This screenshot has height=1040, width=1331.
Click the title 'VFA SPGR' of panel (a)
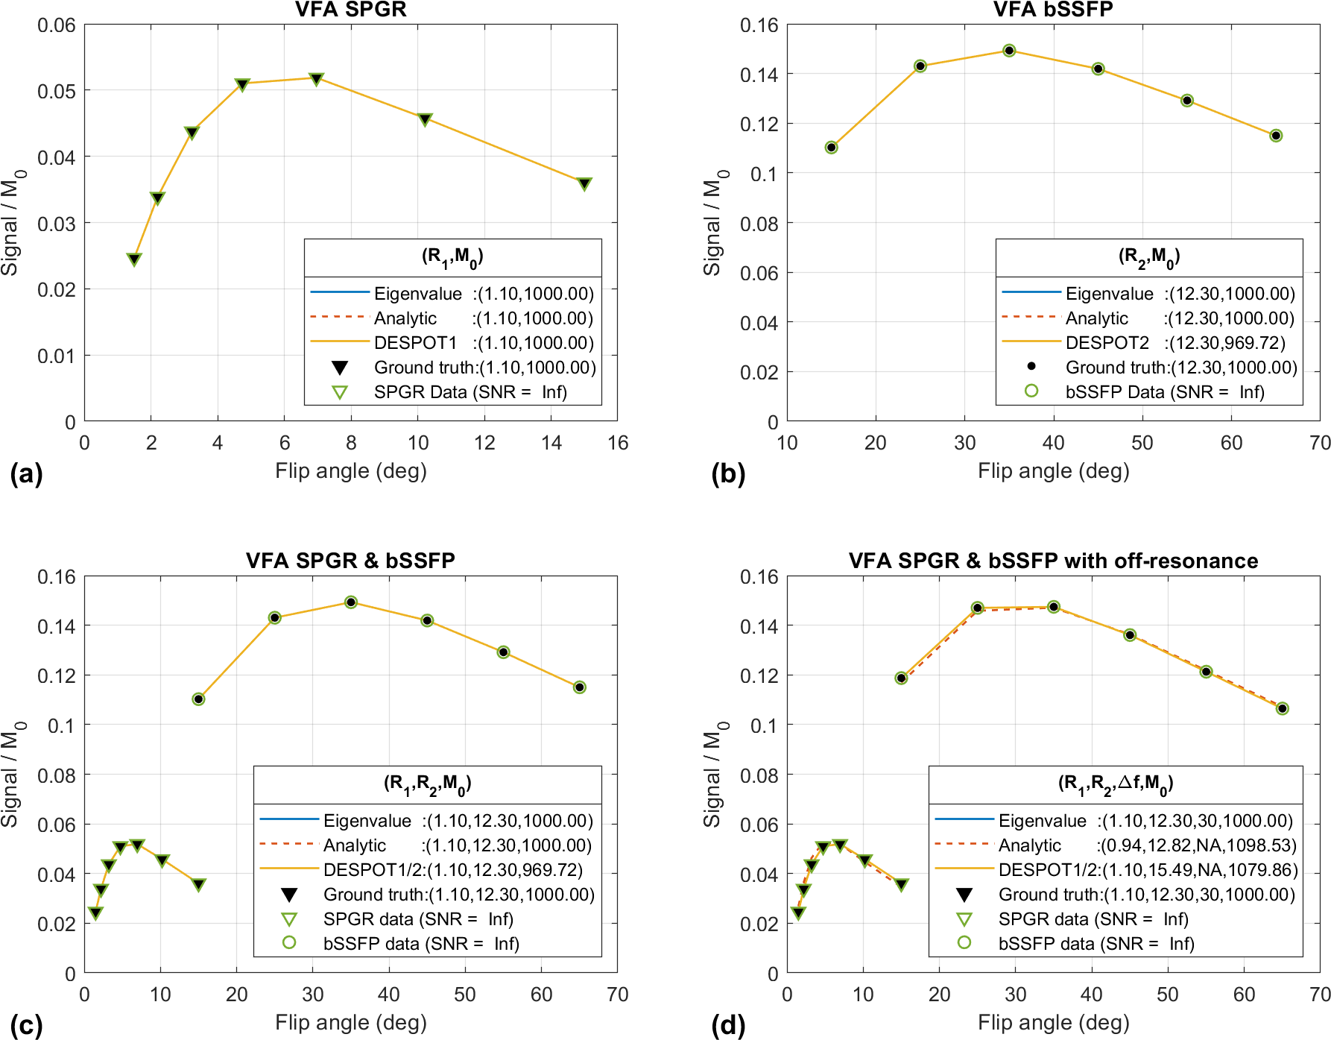click(350, 10)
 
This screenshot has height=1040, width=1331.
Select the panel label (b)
click(728, 474)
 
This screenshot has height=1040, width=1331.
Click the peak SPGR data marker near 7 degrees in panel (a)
click(316, 78)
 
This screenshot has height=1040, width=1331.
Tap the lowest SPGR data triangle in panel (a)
click(134, 259)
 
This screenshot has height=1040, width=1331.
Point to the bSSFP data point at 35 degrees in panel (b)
click(1009, 51)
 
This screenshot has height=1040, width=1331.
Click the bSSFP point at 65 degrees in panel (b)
click(1276, 136)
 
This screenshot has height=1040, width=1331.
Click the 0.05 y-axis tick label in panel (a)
click(57, 91)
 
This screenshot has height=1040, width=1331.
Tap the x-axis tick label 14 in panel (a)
click(551, 444)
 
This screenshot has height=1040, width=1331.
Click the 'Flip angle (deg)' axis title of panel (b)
click(1053, 471)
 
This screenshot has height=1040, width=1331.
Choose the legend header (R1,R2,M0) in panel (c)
click(427, 784)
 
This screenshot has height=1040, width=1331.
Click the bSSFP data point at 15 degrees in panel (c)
click(198, 699)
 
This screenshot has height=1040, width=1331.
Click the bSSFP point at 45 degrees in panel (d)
click(1130, 635)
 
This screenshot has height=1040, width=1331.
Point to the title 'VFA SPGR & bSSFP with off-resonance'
click(1053, 561)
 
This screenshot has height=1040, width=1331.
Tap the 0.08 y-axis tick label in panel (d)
click(759, 775)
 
